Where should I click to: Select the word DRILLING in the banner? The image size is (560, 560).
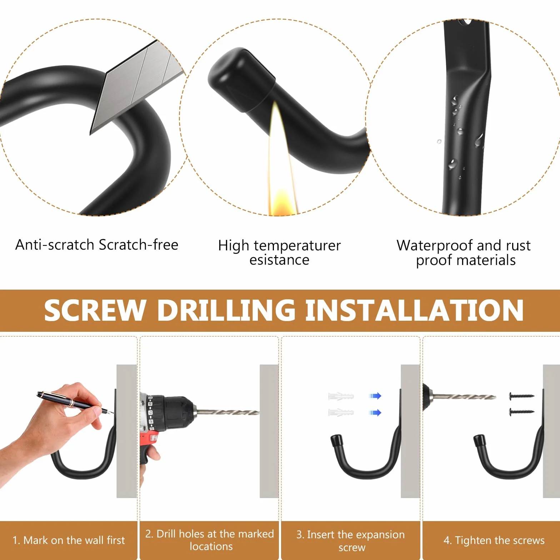[226, 310]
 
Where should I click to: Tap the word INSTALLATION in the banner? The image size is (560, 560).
[414, 310]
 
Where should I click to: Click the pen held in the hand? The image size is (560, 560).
[75, 403]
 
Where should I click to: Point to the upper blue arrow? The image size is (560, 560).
[375, 396]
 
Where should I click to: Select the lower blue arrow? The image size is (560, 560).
[375, 413]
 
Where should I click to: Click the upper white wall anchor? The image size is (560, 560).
[341, 396]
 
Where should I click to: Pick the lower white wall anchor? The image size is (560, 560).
[341, 412]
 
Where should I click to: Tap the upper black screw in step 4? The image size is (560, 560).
[521, 396]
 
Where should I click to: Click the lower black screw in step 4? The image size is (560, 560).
[521, 412]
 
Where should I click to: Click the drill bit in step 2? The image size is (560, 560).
[228, 412]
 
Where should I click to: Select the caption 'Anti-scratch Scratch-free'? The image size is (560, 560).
[97, 245]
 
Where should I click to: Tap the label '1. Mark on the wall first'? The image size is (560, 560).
[69, 540]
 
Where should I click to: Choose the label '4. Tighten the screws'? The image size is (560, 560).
[494, 540]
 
